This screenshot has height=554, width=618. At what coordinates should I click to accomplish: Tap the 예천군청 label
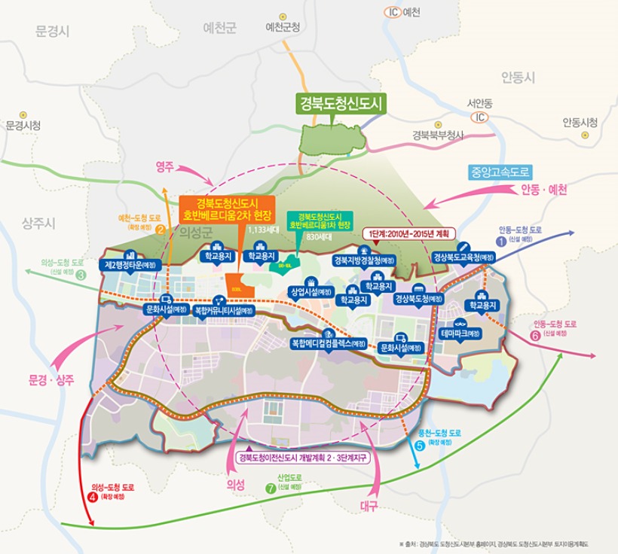(283, 27)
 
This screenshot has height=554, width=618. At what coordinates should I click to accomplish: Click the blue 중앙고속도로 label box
(500, 172)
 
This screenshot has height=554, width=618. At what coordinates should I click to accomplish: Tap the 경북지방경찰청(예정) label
(363, 260)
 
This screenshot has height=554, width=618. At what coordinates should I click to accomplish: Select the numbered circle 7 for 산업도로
(271, 487)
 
